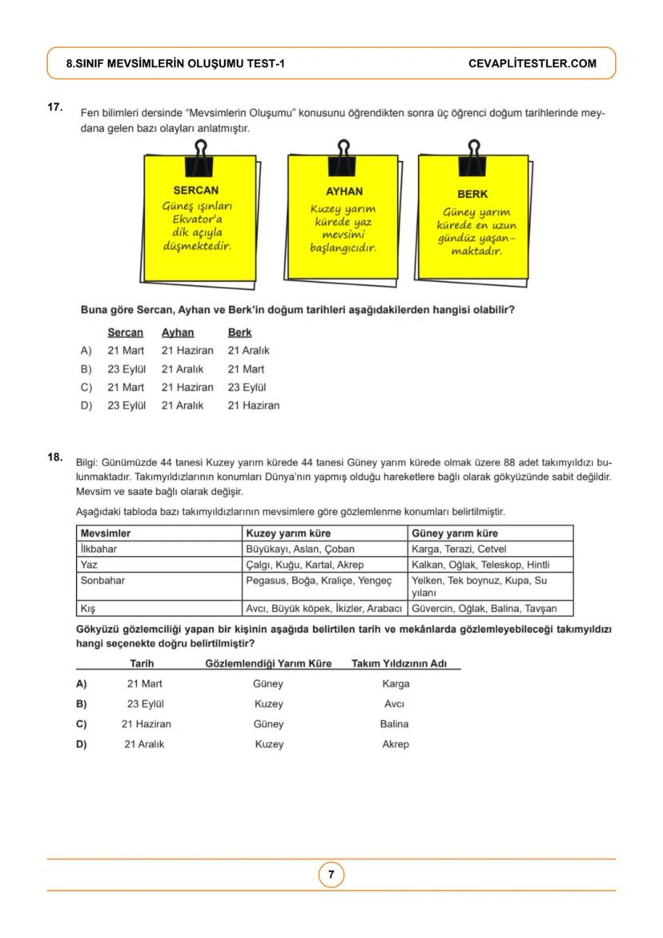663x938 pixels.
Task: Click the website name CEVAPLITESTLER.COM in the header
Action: click(x=532, y=63)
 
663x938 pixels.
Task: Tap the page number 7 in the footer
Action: click(x=331, y=875)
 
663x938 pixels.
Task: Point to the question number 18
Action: click(x=55, y=457)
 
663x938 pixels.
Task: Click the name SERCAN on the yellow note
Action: click(x=195, y=191)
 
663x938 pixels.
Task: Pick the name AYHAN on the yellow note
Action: click(x=344, y=191)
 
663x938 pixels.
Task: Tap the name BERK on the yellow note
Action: click(x=472, y=194)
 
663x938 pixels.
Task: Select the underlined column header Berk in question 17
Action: click(x=239, y=332)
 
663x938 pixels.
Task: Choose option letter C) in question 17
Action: click(x=86, y=387)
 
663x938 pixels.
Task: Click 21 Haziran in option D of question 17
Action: click(x=254, y=405)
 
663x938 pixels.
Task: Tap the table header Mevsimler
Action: click(x=106, y=533)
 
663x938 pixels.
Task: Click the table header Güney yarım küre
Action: click(x=454, y=533)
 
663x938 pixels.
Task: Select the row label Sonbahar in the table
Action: click(x=102, y=580)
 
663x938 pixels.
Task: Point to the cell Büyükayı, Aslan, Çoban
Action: click(x=300, y=549)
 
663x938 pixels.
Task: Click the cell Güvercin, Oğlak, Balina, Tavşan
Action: click(x=484, y=608)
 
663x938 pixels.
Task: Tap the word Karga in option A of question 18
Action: click(x=396, y=683)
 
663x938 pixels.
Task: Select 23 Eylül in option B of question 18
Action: click(x=145, y=704)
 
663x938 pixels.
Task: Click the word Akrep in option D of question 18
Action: click(x=396, y=744)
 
